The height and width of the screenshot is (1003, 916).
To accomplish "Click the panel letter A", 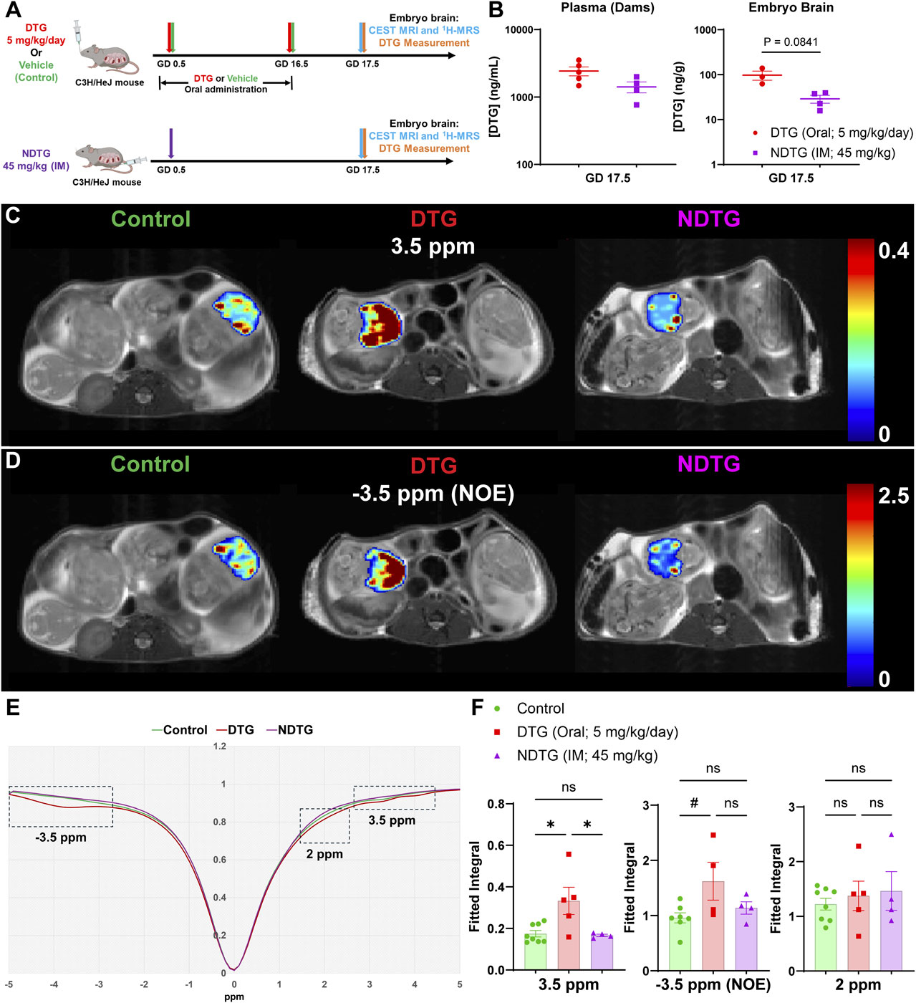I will click(x=13, y=11).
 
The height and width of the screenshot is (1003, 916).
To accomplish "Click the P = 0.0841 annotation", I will click(x=791, y=42).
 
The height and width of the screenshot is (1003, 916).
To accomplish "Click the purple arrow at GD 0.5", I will click(x=170, y=143).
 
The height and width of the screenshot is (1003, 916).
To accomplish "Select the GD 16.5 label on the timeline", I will click(x=291, y=64).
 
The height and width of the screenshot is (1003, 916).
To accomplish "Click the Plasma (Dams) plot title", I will click(x=607, y=9).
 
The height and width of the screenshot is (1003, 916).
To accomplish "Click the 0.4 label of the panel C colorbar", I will click(x=893, y=251).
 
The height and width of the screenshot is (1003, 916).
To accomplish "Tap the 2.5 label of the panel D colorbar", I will click(x=893, y=496).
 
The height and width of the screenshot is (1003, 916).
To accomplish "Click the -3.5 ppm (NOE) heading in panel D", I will click(x=433, y=494).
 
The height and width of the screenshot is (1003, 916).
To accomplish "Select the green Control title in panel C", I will click(x=151, y=219).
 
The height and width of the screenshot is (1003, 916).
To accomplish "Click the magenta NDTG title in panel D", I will click(x=708, y=464).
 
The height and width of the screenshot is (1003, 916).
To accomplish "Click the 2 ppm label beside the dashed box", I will click(x=324, y=854).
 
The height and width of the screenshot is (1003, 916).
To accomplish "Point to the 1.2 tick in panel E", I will click(x=219, y=747).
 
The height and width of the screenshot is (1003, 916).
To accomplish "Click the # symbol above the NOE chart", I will click(x=694, y=804).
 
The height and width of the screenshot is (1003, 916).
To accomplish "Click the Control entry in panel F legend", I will click(x=540, y=709).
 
